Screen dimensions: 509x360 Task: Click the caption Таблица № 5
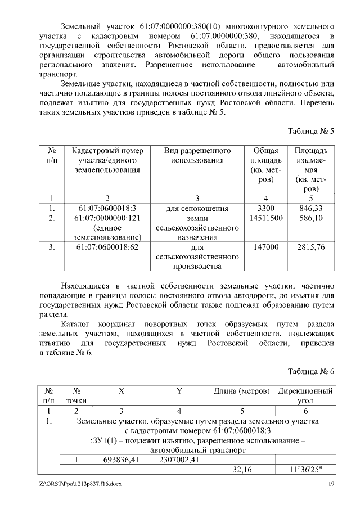(311, 131)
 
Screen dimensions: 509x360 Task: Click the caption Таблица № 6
(311, 371)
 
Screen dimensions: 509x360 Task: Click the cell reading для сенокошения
(197, 208)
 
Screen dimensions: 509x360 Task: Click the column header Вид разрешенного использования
(197, 156)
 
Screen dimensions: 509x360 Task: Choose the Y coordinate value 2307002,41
(179, 460)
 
